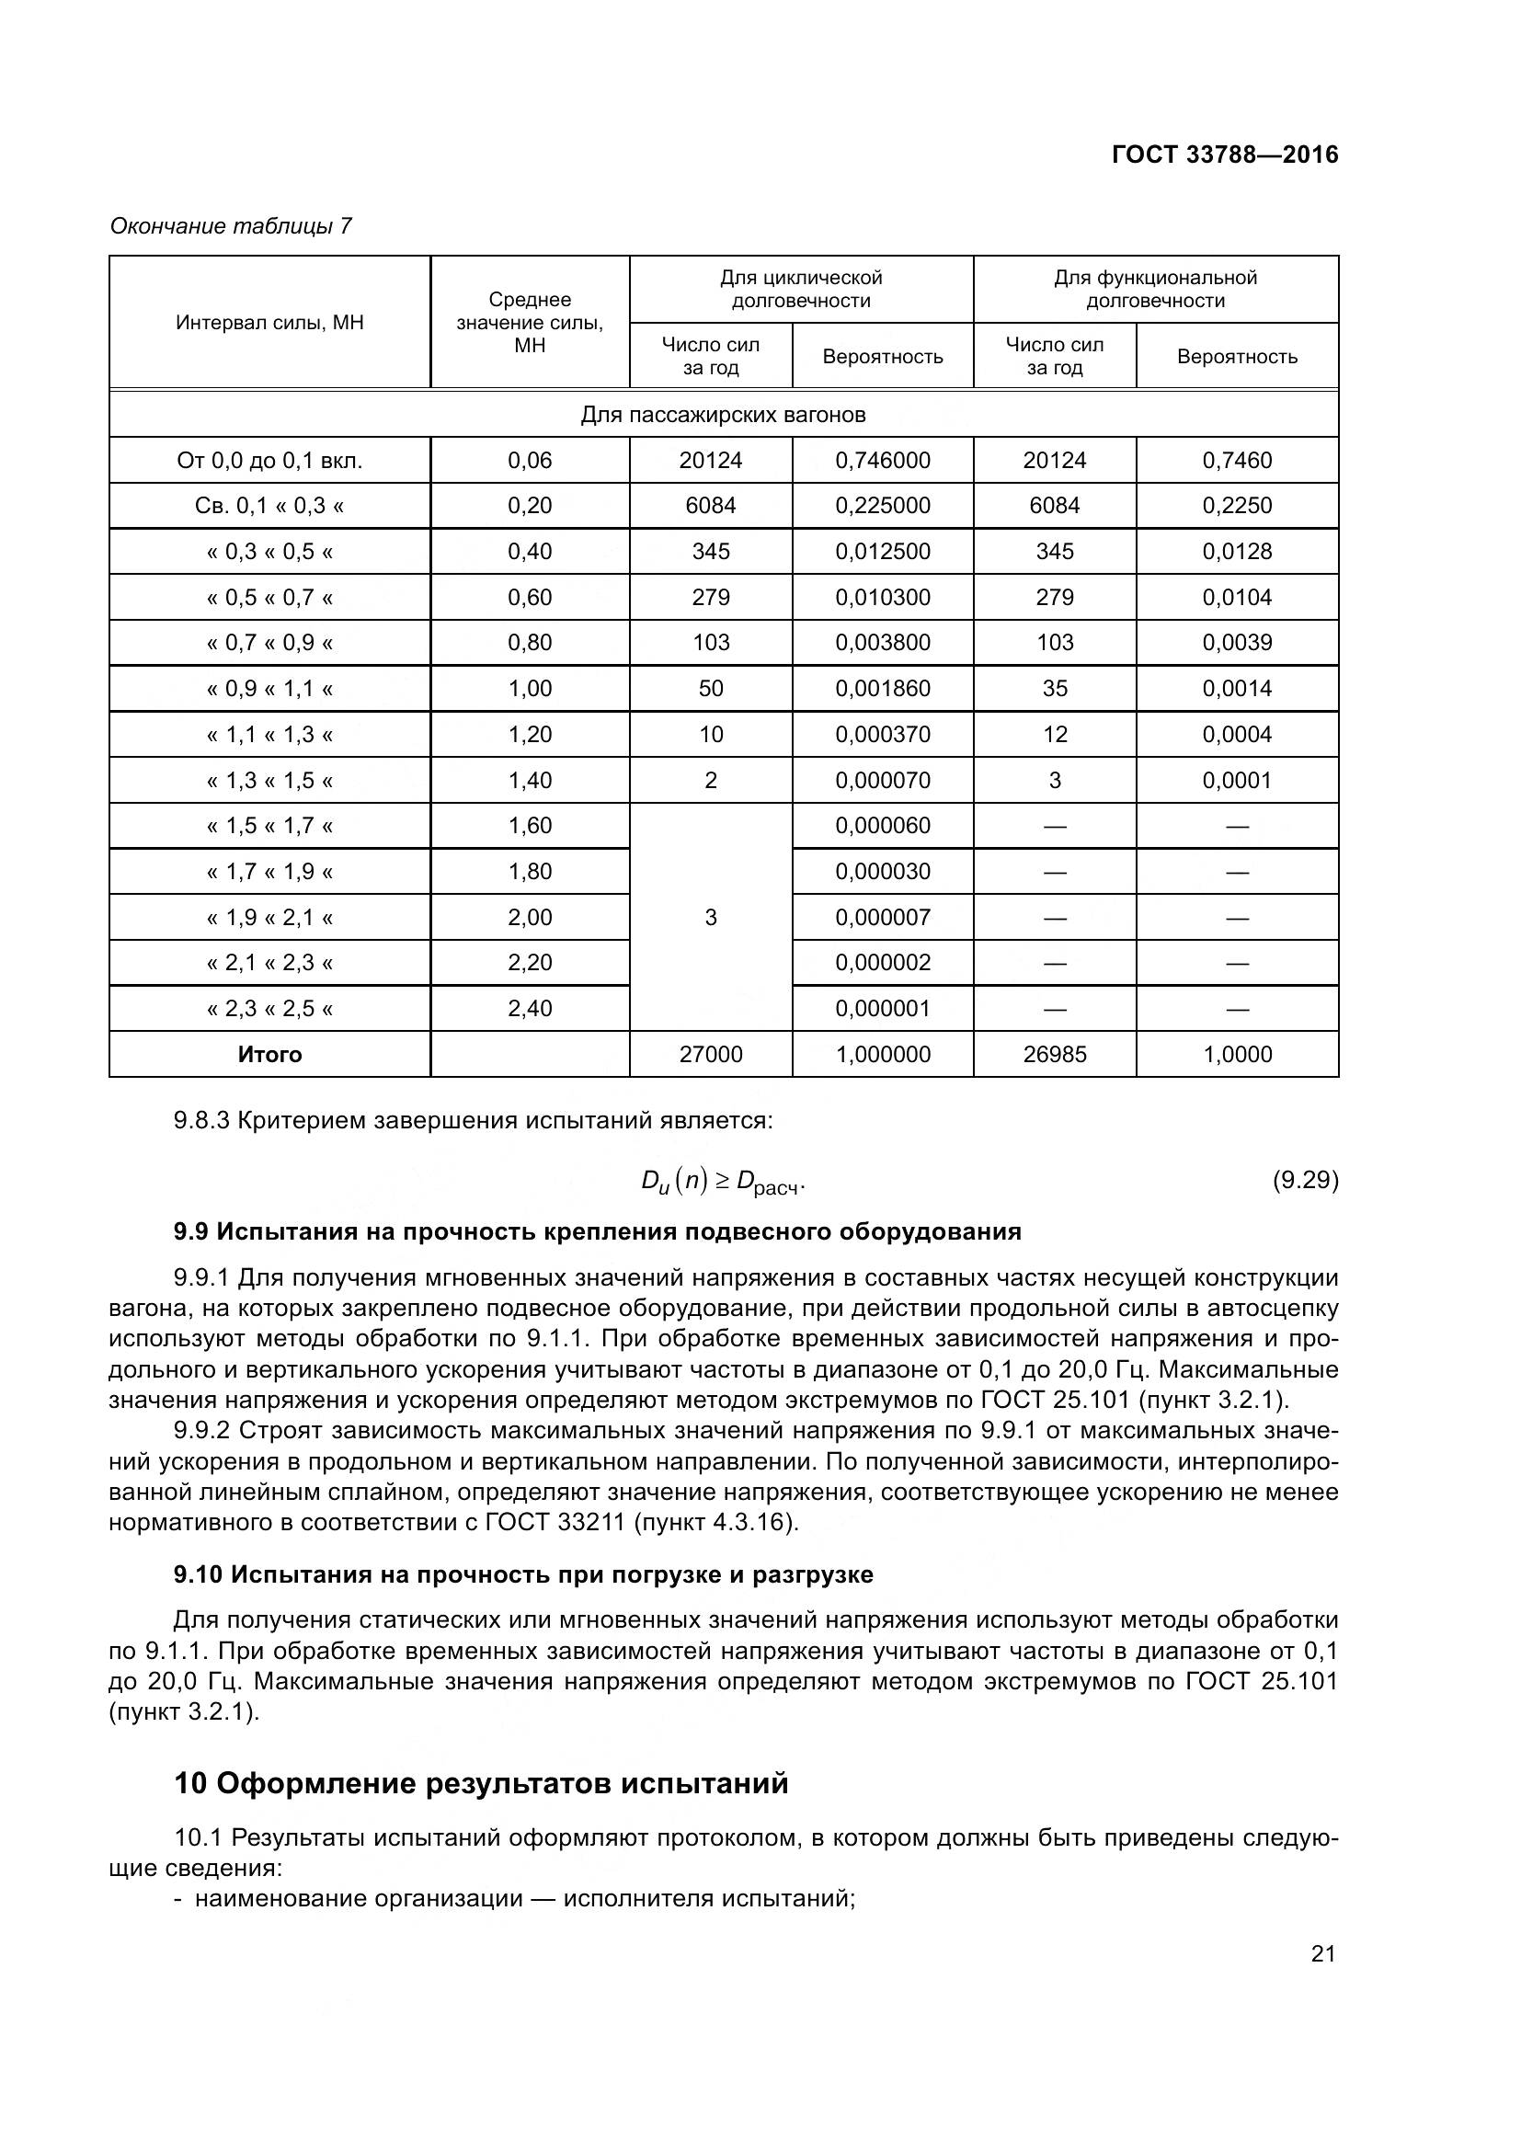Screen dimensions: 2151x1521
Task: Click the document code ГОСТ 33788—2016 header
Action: pyautogui.click(x=1224, y=154)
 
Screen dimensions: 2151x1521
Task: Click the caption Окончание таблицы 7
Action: pyautogui.click(x=231, y=226)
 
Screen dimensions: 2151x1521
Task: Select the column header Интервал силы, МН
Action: pyautogui.click(x=269, y=323)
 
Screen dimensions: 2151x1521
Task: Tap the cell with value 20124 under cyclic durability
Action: pyautogui.click(x=710, y=460)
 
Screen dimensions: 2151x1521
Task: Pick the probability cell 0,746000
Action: pyautogui.click(x=882, y=460)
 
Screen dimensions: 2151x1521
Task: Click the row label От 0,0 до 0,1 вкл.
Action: pyautogui.click(x=269, y=460)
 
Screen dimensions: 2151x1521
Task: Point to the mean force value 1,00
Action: pyautogui.click(x=530, y=689)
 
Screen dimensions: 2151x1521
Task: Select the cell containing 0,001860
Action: pyautogui.click(x=882, y=689)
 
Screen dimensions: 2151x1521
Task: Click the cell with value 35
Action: pyautogui.click(x=1055, y=689)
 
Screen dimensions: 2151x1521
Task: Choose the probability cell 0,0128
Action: pyautogui.click(x=1236, y=551)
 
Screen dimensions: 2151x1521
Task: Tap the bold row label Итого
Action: pyautogui.click(x=269, y=1054)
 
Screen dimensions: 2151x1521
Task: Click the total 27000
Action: pyautogui.click(x=710, y=1054)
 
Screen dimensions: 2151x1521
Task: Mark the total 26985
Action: pyautogui.click(x=1055, y=1054)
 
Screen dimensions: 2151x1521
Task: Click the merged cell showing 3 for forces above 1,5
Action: pyautogui.click(x=710, y=917)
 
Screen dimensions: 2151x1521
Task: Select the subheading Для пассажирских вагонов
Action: pyautogui.click(x=723, y=414)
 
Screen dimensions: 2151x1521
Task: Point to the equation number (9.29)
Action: pyautogui.click(x=1305, y=1180)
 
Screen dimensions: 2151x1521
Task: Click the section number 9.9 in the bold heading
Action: pyautogui.click(x=191, y=1231)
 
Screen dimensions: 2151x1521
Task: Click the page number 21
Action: pyautogui.click(x=1322, y=1953)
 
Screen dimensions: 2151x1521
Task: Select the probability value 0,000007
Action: pyautogui.click(x=882, y=917)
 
